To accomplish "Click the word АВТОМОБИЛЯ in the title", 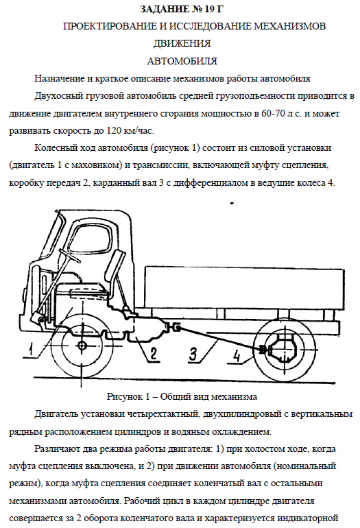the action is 182,61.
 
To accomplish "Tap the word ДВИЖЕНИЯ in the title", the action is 182,43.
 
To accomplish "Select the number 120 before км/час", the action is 114,130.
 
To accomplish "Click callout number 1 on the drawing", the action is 31,349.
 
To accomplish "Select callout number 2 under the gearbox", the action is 153,354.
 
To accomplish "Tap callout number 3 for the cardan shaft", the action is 193,354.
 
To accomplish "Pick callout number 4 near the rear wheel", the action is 237,356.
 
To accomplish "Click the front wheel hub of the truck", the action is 82,346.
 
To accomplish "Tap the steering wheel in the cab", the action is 71,256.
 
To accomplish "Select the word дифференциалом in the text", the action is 210,183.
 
